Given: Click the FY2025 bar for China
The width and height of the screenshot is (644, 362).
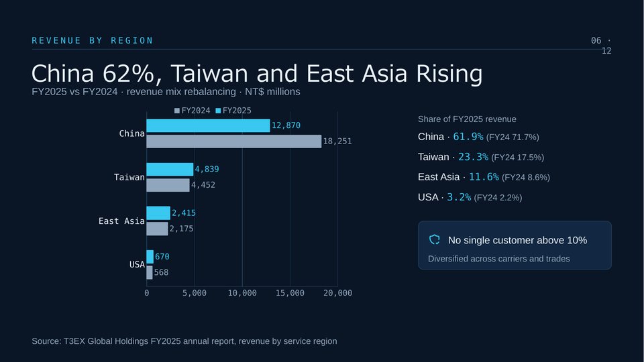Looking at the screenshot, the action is [208, 125].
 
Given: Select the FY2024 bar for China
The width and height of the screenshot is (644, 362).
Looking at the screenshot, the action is [234, 141].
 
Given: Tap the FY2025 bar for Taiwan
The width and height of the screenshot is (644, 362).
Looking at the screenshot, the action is [170, 169].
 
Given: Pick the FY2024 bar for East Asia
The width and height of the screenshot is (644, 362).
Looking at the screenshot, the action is [157, 229].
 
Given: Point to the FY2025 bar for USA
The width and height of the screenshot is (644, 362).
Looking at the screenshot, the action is [150, 257].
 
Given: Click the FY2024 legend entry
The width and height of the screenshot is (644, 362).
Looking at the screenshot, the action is [193, 111].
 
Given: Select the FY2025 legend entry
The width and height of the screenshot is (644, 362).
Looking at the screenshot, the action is [233, 111].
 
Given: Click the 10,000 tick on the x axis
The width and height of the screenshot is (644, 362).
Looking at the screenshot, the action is [242, 293].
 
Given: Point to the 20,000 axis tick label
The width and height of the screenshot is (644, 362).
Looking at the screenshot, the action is [337, 293].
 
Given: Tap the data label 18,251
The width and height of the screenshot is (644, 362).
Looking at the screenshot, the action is [337, 141].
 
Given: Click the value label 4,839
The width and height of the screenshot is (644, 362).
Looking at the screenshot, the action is [207, 169].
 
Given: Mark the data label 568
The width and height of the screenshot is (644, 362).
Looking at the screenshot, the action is [162, 273].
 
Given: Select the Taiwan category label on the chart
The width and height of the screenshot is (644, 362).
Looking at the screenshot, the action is [129, 177].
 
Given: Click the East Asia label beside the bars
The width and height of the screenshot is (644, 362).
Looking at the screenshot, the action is [121, 221].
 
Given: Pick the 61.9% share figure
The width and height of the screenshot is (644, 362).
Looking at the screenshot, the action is [468, 137].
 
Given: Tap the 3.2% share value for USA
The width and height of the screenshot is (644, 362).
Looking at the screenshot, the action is [459, 197].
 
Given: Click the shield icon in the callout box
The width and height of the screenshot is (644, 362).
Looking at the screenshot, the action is [435, 240].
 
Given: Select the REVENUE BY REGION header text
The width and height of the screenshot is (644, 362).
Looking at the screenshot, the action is [93, 41].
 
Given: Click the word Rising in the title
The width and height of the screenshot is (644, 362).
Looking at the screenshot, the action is [449, 74].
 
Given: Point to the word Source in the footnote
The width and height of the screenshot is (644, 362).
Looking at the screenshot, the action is [46, 341].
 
